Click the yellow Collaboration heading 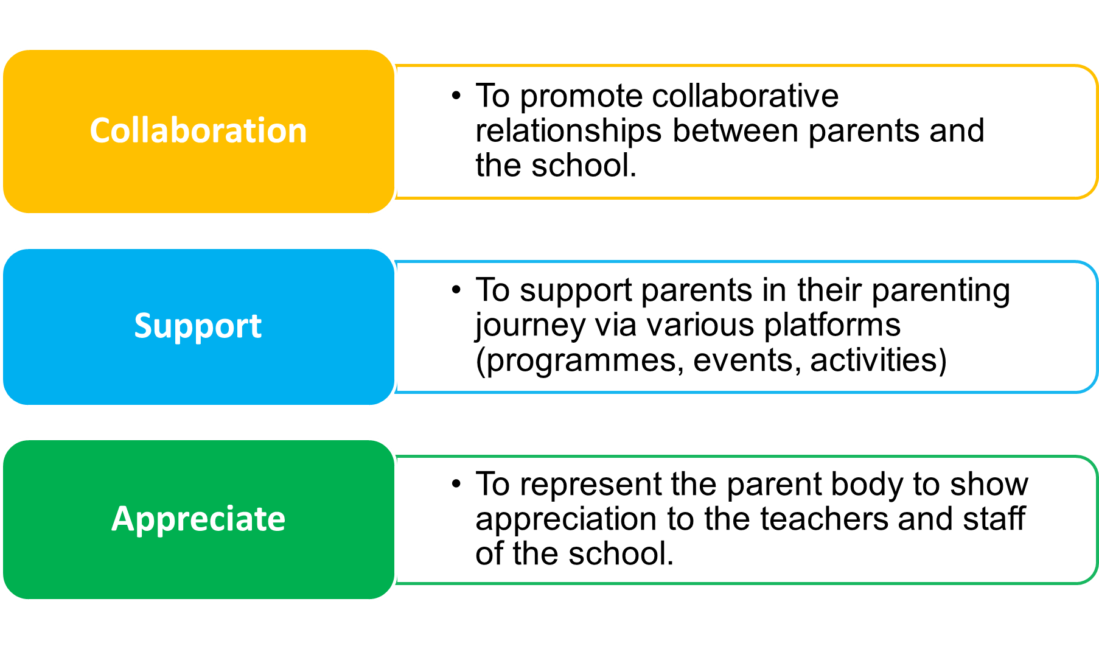click(x=198, y=130)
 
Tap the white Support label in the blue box click(x=198, y=326)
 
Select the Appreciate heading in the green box click(x=198, y=519)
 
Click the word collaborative click(x=745, y=96)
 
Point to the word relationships click(x=568, y=132)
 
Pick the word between click(x=735, y=130)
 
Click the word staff click(x=994, y=518)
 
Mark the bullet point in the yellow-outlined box click(x=456, y=96)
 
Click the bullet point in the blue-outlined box click(x=456, y=290)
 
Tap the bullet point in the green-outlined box click(x=456, y=484)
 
